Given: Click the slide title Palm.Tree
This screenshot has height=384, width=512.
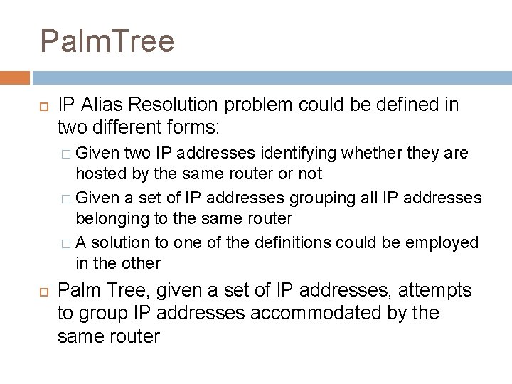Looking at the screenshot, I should (x=107, y=41).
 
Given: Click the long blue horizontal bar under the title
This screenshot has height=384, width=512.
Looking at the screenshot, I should (x=271, y=77).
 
